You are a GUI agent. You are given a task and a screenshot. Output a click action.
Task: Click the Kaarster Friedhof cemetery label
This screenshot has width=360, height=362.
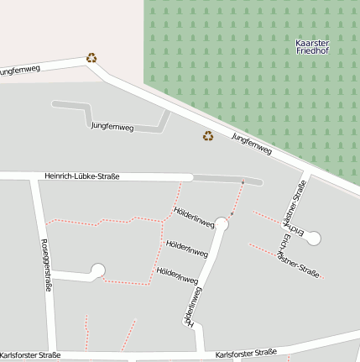(x=313, y=47)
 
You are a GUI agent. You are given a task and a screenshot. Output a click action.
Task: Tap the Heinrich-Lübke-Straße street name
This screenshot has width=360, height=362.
(x=81, y=176)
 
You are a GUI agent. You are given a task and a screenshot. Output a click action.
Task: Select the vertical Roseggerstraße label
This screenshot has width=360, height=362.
(x=46, y=265)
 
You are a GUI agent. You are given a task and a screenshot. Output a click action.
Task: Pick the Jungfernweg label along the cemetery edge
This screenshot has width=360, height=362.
(x=252, y=144)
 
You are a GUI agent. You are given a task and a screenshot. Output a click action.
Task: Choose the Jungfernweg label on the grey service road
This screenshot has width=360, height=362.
(x=112, y=126)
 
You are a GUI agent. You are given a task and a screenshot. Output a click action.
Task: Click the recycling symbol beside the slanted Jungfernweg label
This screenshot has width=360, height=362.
(x=207, y=135)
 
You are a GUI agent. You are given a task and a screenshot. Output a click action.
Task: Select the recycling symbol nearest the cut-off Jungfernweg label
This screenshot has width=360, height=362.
(x=91, y=58)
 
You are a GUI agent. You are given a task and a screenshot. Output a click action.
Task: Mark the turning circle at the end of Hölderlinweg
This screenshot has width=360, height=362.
(x=222, y=224)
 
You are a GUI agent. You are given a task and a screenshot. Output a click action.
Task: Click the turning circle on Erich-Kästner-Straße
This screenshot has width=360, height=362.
(x=313, y=238)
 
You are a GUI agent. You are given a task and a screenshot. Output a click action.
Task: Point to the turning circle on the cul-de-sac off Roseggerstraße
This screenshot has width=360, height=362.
(x=97, y=270)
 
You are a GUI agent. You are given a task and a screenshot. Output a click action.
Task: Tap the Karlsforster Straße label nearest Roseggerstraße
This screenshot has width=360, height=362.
(x=31, y=355)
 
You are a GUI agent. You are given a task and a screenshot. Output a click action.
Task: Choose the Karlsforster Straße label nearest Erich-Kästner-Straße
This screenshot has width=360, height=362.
(x=246, y=353)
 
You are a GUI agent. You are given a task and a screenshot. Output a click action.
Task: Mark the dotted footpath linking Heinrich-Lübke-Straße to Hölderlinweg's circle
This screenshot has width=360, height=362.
(x=237, y=200)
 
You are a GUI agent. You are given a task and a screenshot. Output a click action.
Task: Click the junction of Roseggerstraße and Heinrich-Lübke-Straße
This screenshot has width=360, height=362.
(x=34, y=176)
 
